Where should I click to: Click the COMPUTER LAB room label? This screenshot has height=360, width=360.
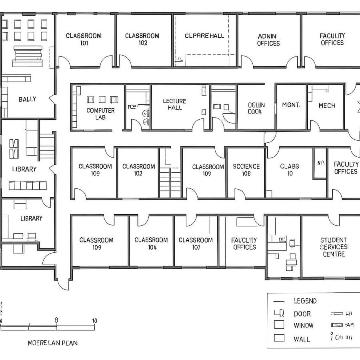click(100, 114)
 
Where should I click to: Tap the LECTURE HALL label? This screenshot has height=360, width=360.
click(174, 104)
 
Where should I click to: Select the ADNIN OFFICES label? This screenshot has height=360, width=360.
click(268, 40)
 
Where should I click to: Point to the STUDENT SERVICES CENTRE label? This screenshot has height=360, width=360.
click(334, 247)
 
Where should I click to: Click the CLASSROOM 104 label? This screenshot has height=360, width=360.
click(151, 244)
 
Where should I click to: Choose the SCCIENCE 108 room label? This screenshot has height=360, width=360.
click(246, 170)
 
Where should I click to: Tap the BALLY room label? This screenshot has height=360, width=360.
click(27, 99)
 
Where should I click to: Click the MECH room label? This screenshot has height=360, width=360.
click(326, 106)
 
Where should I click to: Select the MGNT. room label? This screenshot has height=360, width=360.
click(291, 105)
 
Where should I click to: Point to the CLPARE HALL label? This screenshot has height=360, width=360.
click(204, 36)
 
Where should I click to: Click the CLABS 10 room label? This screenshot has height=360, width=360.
click(289, 170)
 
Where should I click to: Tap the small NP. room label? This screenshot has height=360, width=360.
click(320, 163)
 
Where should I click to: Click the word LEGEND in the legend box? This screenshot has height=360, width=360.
click(305, 301)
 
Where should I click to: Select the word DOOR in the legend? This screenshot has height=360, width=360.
click(302, 314)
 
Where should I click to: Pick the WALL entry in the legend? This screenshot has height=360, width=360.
click(302, 339)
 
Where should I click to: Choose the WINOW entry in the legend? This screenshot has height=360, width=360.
click(303, 326)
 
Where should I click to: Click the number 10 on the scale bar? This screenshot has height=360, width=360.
click(94, 320)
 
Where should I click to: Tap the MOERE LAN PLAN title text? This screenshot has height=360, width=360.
click(53, 343)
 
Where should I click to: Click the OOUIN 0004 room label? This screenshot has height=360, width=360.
click(256, 108)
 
